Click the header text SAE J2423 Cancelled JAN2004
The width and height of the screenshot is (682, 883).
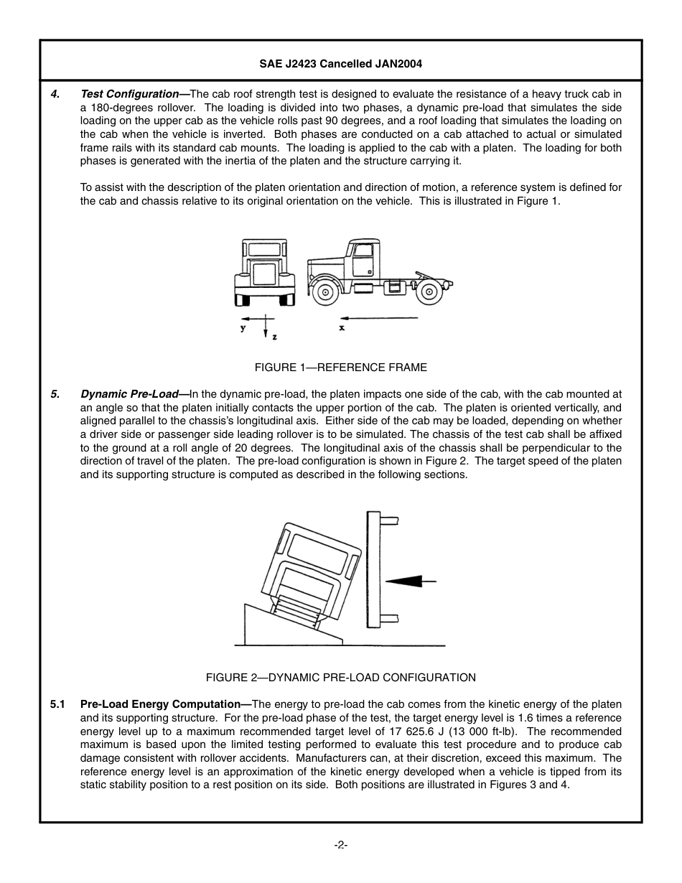point(340,63)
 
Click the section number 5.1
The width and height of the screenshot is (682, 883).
point(58,704)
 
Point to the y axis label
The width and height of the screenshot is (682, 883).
point(243,328)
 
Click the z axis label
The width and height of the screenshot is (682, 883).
point(274,335)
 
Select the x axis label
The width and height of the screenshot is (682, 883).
point(342,327)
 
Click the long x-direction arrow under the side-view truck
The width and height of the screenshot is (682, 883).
point(378,317)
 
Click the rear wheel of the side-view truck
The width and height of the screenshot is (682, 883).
point(429,292)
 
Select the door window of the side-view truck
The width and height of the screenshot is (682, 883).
point(363,251)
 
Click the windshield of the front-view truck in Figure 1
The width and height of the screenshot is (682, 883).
point(264,249)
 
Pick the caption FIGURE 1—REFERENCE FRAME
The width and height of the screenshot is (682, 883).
point(340,368)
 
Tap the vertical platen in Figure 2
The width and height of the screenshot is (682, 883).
point(373,569)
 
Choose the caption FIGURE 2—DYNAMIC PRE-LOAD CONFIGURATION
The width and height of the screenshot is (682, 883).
point(340,678)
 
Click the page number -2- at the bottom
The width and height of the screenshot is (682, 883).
point(340,845)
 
